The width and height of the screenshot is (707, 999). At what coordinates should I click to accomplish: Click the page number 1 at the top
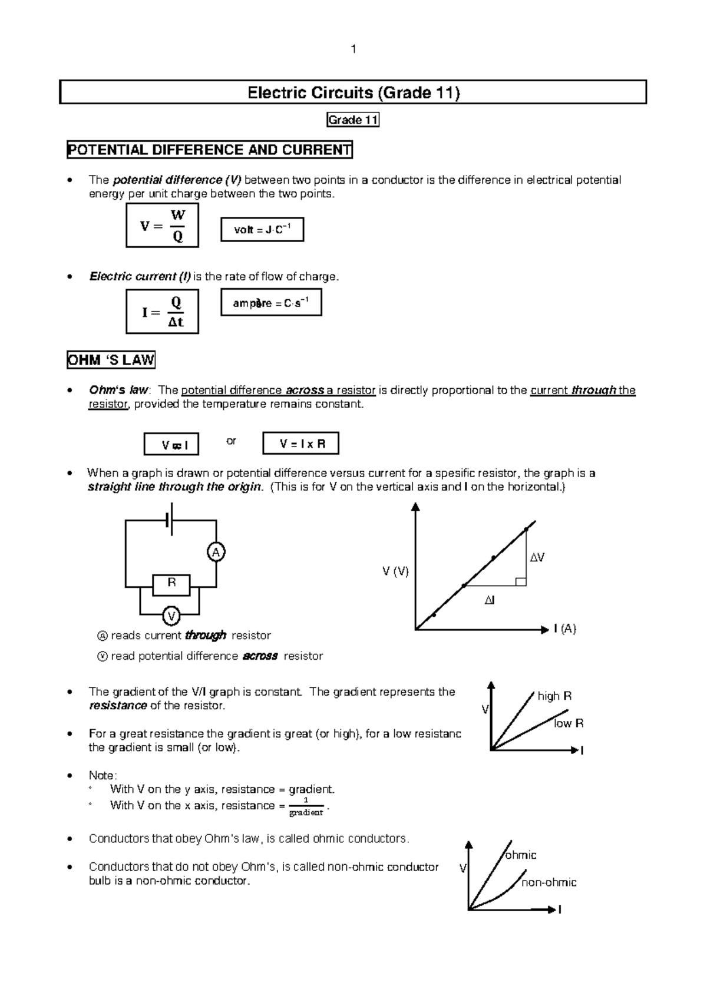(353, 49)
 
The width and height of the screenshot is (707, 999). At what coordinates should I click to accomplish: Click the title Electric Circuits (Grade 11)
(353, 92)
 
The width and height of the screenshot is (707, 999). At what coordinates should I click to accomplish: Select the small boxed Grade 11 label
(353, 120)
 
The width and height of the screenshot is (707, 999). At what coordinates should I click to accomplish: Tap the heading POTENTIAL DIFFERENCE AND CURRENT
(210, 150)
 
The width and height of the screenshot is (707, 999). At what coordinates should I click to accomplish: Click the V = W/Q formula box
(162, 226)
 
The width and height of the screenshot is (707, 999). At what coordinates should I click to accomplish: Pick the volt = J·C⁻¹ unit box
(262, 230)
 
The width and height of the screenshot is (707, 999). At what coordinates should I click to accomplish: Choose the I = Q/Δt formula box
(162, 312)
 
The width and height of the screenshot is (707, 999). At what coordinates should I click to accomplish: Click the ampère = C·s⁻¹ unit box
(271, 303)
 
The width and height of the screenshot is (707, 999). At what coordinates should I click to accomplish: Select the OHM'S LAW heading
(111, 360)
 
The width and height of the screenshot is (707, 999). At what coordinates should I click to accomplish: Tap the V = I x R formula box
(300, 444)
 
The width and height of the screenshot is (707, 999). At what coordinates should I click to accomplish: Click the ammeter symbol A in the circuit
(216, 553)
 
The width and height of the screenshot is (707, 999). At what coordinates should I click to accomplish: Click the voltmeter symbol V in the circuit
(171, 616)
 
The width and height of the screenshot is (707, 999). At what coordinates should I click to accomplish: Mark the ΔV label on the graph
(537, 557)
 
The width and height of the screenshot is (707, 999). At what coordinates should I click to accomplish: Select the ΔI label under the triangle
(490, 600)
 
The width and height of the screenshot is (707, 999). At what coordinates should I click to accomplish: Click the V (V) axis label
(395, 571)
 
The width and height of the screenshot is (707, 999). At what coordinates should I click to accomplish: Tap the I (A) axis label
(564, 629)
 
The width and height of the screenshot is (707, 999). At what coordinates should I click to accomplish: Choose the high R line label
(554, 696)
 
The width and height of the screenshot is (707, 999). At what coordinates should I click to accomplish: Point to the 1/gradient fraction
(306, 807)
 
